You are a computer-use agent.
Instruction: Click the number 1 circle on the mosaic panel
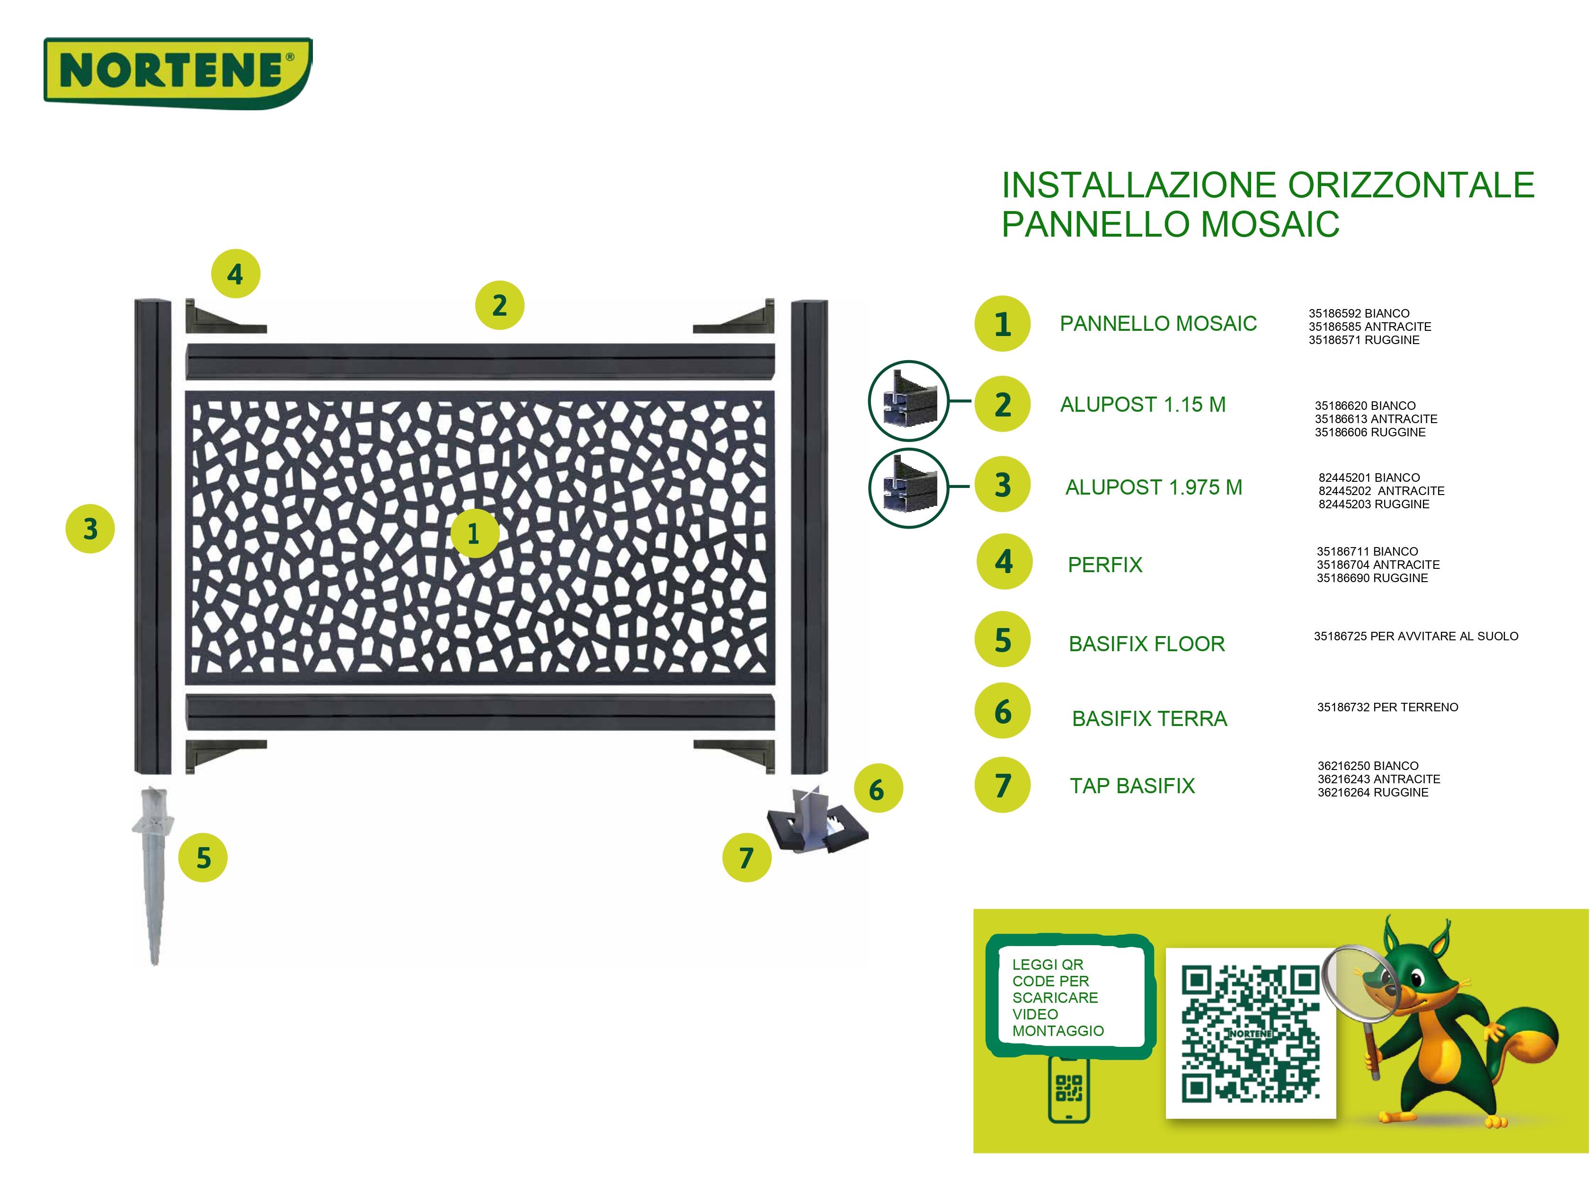[474, 533]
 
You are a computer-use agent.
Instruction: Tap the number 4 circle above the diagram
[235, 274]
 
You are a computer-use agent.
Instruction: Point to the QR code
[1250, 1034]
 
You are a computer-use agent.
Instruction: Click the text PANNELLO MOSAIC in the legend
[1157, 324]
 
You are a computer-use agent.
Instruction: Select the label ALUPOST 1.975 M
[1153, 487]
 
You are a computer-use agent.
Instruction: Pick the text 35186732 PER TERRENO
[1387, 707]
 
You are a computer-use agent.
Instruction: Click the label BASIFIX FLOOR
[1146, 644]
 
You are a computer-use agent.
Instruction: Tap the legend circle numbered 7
[1002, 786]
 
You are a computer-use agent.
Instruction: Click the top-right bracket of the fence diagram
[736, 318]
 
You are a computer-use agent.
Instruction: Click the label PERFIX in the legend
[1104, 565]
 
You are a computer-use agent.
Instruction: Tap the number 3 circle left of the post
[90, 529]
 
